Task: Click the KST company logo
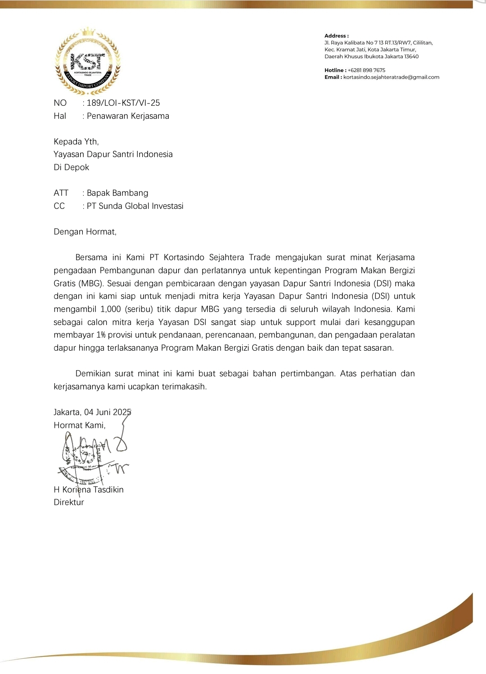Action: pos(87,61)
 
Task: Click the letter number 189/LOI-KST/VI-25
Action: pos(123,103)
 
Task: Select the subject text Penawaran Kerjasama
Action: pos(128,116)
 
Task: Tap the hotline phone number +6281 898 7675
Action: pos(366,70)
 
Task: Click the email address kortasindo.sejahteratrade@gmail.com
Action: pos(391,77)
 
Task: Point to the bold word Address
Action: pos(336,36)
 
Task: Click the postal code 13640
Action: pos(411,57)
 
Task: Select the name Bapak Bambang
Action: pos(117,193)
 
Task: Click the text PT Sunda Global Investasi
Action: pos(135,206)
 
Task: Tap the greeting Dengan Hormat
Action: pos(85,232)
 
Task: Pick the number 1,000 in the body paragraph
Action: pos(111,309)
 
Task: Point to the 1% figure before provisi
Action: pos(101,335)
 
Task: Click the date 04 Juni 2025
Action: pos(108,412)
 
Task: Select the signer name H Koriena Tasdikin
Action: pos(89,490)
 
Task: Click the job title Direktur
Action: pos(69,502)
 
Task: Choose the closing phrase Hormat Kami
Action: pos(79,425)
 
